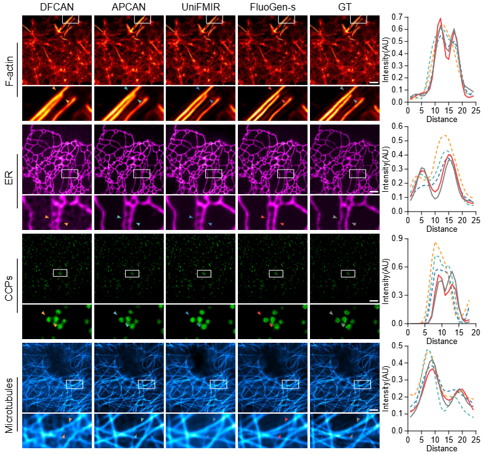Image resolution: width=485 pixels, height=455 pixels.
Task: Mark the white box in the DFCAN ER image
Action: pos(70,173)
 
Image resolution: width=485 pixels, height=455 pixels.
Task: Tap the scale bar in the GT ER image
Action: pos(373,192)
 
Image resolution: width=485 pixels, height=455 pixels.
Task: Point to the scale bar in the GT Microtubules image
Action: pos(373,409)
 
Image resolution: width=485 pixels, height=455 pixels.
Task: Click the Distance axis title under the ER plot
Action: pos(441,229)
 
